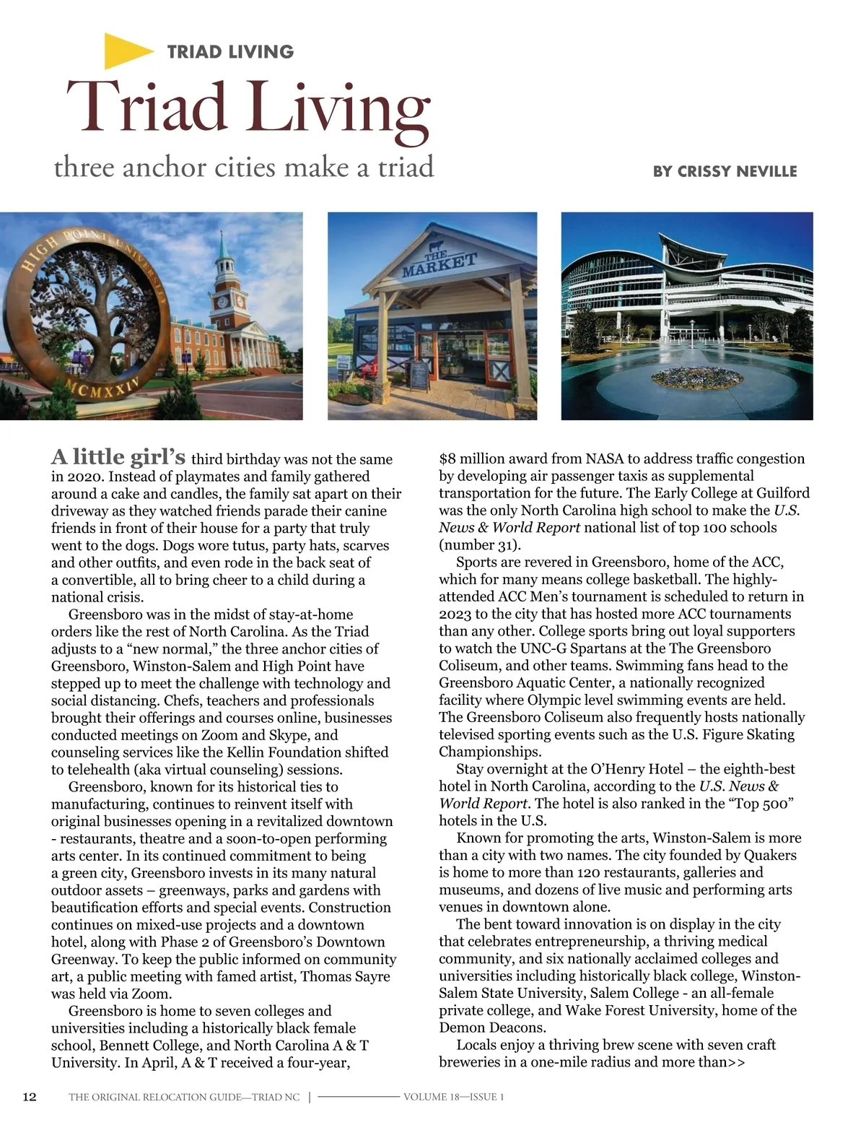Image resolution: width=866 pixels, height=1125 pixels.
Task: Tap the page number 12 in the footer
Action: click(x=30, y=1097)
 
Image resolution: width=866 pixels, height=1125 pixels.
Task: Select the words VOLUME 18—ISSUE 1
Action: click(x=453, y=1097)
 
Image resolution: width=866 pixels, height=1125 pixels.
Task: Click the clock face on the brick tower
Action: click(x=222, y=301)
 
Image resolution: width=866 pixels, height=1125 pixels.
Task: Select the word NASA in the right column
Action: click(x=604, y=459)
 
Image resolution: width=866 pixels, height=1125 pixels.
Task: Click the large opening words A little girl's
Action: click(x=118, y=457)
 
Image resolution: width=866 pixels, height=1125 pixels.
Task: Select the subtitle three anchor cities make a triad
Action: click(x=244, y=168)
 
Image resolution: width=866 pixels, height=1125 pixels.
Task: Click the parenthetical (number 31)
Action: click(x=480, y=544)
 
